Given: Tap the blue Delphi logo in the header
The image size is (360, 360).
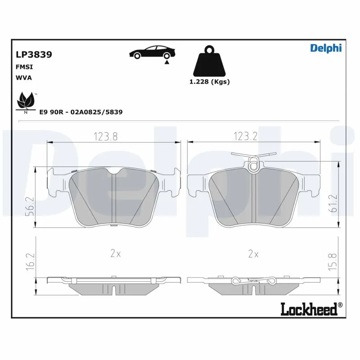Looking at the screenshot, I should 326,48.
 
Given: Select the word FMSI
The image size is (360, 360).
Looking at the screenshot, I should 24,67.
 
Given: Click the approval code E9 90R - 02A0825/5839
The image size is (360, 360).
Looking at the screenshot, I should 81,112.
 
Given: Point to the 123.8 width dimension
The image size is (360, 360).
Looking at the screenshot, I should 106,137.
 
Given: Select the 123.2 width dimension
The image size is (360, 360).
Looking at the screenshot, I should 245,137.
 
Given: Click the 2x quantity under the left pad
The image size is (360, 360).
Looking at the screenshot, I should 116,254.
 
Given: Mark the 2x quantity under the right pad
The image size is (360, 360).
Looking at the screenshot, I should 253,254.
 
